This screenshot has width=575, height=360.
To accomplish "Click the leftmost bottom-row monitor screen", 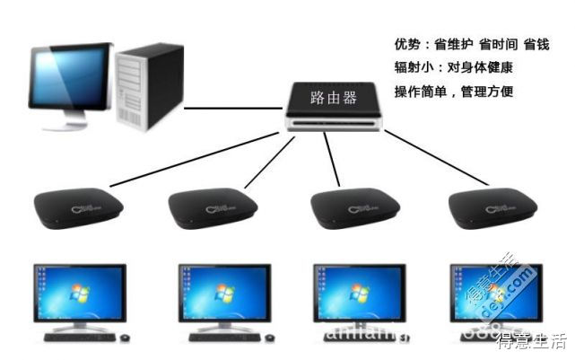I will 79,294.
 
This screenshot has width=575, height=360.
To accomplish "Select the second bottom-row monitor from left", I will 223,294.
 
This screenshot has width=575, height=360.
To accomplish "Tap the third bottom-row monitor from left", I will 357,294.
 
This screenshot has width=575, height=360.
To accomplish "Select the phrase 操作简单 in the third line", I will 423,92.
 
